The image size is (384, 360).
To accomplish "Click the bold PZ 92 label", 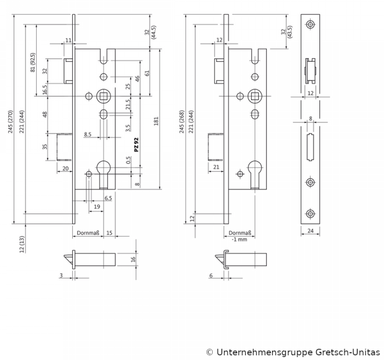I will pyautogui.click(x=136, y=145).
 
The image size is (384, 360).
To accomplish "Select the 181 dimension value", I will pyautogui.click(x=156, y=121).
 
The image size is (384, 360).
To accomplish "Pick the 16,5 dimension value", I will pyautogui.click(x=44, y=90).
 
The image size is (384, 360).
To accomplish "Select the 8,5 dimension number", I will pyautogui.click(x=87, y=135).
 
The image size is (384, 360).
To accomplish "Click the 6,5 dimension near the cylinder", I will pyautogui.click(x=108, y=198).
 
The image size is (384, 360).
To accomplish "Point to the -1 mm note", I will pyautogui.click(x=239, y=239).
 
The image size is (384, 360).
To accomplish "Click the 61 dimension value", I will pyautogui.click(x=147, y=73).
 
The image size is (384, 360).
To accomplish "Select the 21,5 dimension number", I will pyautogui.click(x=128, y=105).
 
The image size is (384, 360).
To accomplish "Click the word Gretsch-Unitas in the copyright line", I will pyautogui.click(x=347, y=352).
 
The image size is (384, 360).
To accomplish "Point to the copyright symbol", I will pyautogui.click(x=209, y=352).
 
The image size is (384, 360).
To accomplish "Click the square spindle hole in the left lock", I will pyautogui.click(x=104, y=95).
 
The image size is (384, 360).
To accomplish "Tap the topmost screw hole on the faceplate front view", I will pyautogui.click(x=309, y=24).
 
